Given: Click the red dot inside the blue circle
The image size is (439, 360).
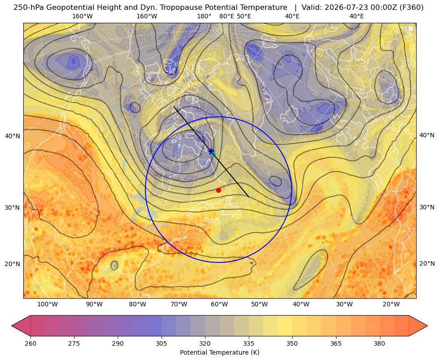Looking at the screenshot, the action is (x=218, y=190).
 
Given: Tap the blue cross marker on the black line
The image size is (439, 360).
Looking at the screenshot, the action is (x=212, y=151).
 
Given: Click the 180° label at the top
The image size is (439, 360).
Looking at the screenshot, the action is (x=204, y=16).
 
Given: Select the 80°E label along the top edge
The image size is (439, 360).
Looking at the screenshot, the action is (x=226, y=16).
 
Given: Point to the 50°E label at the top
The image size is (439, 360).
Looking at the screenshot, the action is (x=244, y=16).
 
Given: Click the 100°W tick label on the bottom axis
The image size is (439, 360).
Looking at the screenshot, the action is (x=47, y=305).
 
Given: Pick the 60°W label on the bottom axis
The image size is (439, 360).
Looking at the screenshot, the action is (x=219, y=305).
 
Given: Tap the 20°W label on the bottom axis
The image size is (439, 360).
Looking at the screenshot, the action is (x=391, y=305).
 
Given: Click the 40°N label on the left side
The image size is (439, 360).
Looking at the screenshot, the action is (x=13, y=136).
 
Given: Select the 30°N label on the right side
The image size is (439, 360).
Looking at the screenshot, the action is (x=426, y=207).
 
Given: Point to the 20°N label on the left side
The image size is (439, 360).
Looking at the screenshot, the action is (x=13, y=264).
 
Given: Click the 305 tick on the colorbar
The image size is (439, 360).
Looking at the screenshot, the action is (x=161, y=343).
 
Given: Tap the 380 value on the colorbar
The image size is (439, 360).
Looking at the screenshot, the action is (x=379, y=343).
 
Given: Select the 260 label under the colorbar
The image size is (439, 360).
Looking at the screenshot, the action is (x=30, y=343).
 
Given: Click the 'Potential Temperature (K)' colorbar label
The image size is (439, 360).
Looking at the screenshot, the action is (x=219, y=352).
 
